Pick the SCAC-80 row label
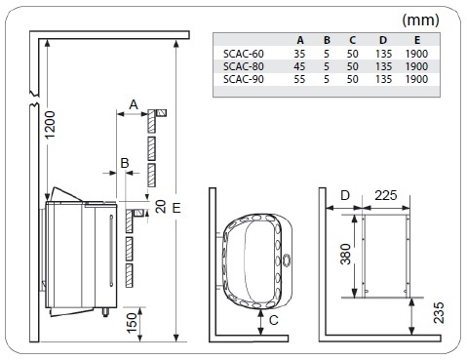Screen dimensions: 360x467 tap(240, 66)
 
